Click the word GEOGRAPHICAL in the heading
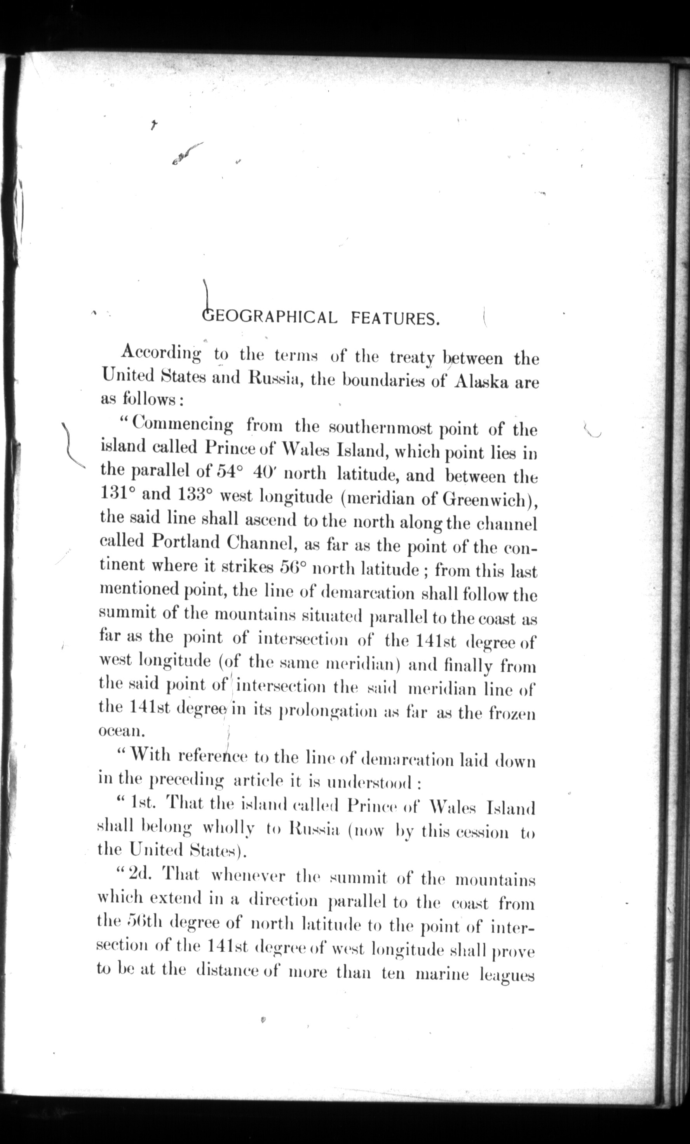270,318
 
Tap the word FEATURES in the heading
395,319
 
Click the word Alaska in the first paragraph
483,382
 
